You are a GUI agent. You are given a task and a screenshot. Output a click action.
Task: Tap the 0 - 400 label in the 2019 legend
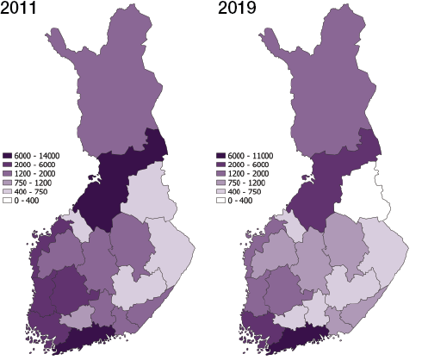click(242, 200)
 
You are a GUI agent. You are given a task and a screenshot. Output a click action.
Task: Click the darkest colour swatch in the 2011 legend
click(7, 155)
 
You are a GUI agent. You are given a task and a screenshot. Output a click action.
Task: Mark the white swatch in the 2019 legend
click(221, 200)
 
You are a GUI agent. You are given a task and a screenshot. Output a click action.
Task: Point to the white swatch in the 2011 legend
click(7, 200)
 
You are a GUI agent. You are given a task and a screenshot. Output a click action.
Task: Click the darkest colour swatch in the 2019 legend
click(221, 155)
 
